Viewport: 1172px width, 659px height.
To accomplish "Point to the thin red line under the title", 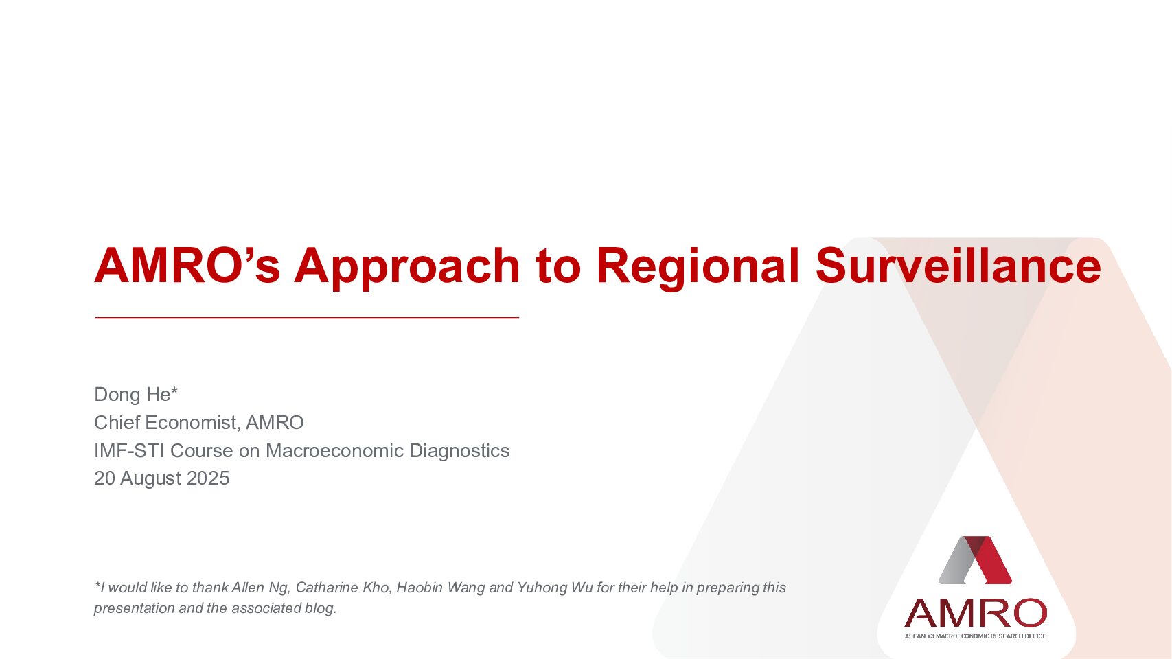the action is [307, 317].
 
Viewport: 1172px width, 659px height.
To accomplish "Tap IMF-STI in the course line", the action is [129, 450].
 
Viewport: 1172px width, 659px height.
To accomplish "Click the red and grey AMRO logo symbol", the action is [975, 560].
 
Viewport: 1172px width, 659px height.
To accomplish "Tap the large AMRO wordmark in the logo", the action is [976, 612].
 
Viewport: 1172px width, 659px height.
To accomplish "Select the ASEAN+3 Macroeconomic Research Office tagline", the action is [975, 636].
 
